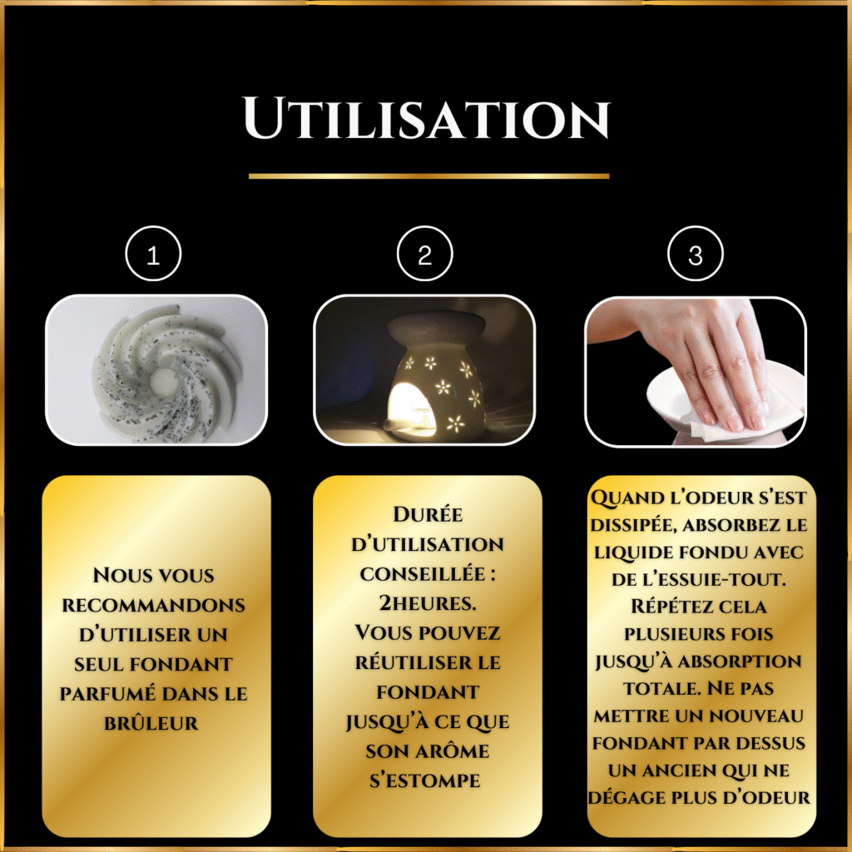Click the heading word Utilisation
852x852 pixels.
427,117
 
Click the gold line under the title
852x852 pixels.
428,176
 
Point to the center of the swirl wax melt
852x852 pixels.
164,380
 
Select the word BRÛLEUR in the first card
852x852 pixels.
151,723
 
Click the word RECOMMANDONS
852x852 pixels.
153,606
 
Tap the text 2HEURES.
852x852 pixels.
427,602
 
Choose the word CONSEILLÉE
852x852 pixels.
422,573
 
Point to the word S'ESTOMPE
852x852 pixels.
425,780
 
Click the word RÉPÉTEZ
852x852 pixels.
668,606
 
